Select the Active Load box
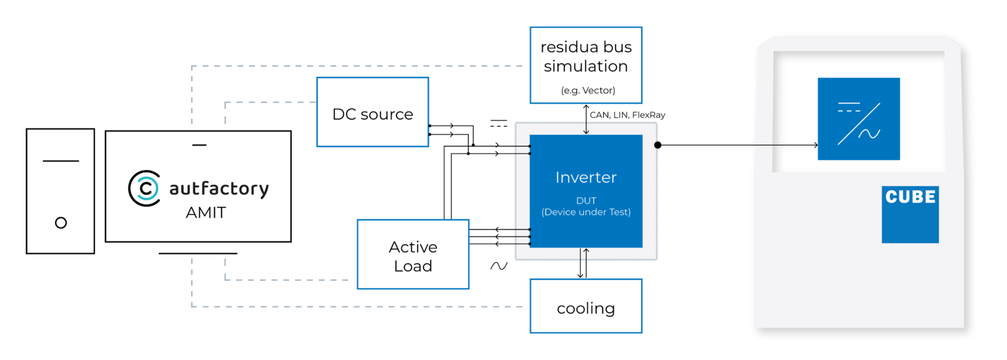pos(412,254)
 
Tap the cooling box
pos(585,306)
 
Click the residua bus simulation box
pos(585,64)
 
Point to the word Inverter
pos(585,177)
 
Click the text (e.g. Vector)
pos(585,90)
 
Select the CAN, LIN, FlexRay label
pos(627,115)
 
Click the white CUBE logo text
pos(910,197)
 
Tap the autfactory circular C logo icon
pos(144,188)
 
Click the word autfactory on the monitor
pos(219,189)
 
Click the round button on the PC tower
pos(61,223)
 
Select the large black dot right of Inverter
pos(658,145)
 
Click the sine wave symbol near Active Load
pos(499,266)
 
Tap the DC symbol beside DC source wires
pos(499,123)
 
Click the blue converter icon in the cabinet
pos(858,119)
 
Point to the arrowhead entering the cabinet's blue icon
pos(815,145)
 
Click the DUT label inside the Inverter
pos(585,201)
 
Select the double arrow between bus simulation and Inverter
pos(586,119)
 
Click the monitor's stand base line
pos(198,253)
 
